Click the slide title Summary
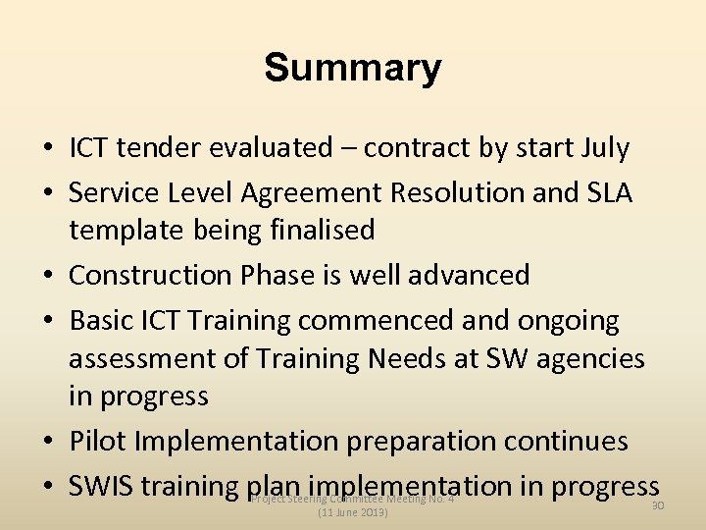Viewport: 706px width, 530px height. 353,69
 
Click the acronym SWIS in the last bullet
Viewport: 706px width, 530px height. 104,486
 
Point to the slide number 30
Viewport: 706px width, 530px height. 658,504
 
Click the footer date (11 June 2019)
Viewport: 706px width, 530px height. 353,512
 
